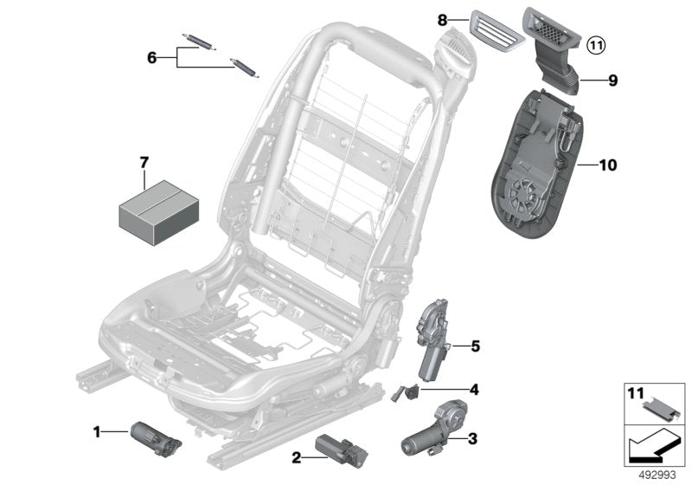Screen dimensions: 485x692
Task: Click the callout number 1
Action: pos(98,430)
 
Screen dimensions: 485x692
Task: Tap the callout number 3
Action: pos(472,439)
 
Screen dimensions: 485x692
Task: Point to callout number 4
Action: pos(473,389)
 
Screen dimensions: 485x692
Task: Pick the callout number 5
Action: pos(475,346)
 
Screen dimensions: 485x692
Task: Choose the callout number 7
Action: pos(144,161)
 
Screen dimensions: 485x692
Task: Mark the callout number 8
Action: pos(442,19)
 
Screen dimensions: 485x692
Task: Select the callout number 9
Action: pos(612,81)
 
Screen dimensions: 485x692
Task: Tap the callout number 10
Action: pos(608,163)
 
